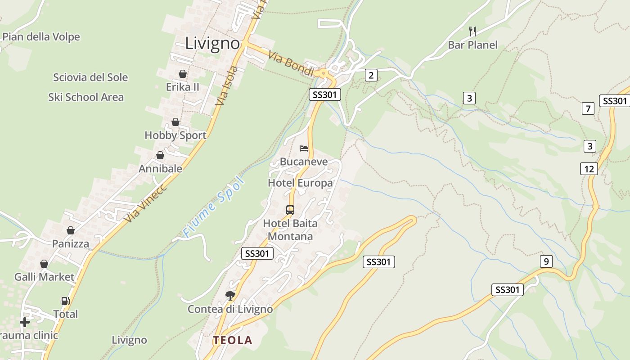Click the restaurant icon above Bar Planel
pyautogui.click(x=472, y=31)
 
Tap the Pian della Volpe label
pyautogui.click(x=41, y=37)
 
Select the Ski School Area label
pyautogui.click(x=85, y=97)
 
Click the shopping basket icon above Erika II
pyautogui.click(x=183, y=74)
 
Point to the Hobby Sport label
pyautogui.click(x=175, y=135)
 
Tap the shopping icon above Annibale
pyautogui.click(x=160, y=155)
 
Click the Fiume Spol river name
pyautogui.click(x=214, y=207)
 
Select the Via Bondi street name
pyautogui.click(x=291, y=63)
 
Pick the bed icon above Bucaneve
pyautogui.click(x=304, y=148)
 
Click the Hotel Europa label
pyautogui.click(x=300, y=183)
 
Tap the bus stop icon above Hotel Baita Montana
pyautogui.click(x=290, y=210)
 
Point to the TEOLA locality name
pyautogui.click(x=233, y=340)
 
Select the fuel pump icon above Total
pyautogui.click(x=65, y=301)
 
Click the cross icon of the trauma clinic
pyautogui.click(x=25, y=322)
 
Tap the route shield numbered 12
pyautogui.click(x=589, y=169)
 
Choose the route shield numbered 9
pyautogui.click(x=546, y=261)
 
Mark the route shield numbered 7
pyautogui.click(x=588, y=108)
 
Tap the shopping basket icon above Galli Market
pyautogui.click(x=44, y=264)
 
